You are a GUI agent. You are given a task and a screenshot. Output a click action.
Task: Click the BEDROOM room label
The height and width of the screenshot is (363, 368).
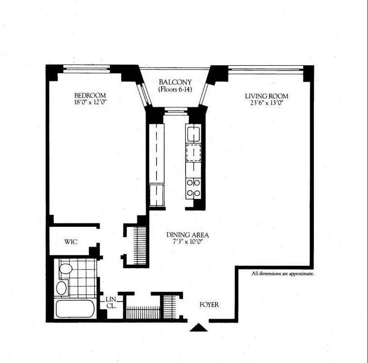90,95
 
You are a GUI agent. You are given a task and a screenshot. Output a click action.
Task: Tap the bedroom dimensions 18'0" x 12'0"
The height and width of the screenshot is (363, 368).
90,103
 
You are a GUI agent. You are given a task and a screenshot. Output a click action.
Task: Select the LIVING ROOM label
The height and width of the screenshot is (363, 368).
266,96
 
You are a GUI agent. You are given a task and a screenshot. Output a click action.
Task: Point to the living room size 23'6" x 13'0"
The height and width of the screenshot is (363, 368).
266,103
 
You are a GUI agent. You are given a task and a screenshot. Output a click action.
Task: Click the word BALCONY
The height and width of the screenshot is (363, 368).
175,82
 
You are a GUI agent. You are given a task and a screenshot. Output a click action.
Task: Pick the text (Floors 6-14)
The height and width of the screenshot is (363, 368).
175,89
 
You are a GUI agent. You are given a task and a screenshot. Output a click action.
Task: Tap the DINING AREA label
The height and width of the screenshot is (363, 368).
187,235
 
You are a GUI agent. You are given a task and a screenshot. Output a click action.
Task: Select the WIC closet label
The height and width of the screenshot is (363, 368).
70,242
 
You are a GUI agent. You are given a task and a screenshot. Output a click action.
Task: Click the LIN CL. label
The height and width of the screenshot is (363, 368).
111,303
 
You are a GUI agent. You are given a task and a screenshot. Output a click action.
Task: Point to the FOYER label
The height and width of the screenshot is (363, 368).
209,304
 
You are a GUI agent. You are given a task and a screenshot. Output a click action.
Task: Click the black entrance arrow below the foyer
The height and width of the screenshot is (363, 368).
198,328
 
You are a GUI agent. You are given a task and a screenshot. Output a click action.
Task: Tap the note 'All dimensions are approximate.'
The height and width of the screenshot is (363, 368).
283,274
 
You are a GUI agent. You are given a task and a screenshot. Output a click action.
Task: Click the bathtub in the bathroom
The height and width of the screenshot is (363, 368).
75,309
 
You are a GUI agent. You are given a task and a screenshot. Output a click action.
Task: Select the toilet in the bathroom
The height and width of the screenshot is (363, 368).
66,269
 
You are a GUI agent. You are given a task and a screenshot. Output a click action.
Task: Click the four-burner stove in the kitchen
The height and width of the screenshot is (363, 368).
194,187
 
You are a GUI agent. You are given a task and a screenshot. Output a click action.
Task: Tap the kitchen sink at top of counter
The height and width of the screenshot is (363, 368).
194,134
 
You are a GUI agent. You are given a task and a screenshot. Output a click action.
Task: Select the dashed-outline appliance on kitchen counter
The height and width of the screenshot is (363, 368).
194,152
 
